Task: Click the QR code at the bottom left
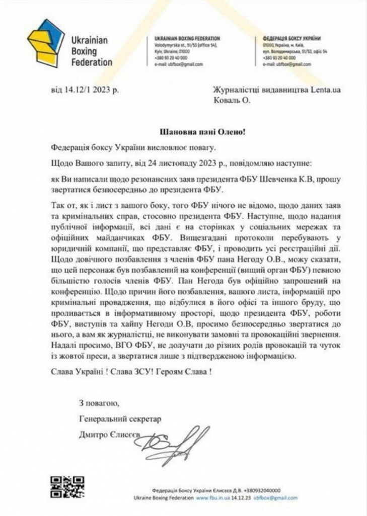point(66,486)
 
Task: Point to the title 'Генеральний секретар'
point(121,418)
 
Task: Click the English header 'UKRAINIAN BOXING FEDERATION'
point(186,39)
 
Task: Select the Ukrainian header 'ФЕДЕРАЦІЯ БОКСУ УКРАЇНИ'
point(292,39)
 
